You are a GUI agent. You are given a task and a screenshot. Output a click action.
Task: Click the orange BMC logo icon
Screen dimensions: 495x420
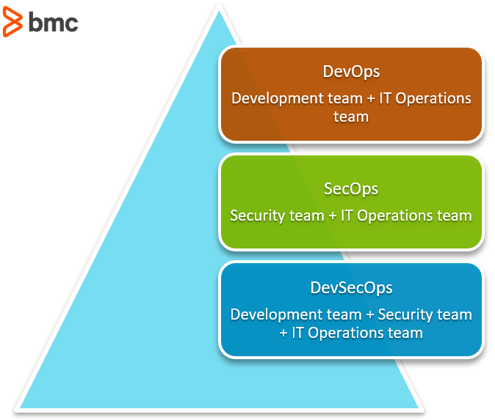pos(12,22)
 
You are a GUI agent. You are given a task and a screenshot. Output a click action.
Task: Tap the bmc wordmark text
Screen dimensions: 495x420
pos(54,22)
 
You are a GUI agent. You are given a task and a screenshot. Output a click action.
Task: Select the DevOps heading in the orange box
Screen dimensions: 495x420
pos(351,72)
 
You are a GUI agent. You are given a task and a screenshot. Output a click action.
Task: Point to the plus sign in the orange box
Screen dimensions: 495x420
pos(371,99)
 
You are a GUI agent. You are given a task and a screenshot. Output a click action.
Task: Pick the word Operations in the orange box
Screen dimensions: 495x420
pos(433,99)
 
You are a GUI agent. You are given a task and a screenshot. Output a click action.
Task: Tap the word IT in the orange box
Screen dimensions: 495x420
pos(385,98)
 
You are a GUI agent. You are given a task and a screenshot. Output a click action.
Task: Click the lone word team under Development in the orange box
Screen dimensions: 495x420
pos(351,117)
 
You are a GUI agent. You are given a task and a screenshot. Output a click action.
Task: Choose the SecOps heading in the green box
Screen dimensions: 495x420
pos(351,190)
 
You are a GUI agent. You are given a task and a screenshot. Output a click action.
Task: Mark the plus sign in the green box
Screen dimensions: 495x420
pos(333,216)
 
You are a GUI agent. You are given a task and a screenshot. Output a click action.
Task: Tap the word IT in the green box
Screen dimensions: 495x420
pos(347,215)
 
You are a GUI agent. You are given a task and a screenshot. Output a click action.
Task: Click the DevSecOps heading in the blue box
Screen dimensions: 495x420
pos(351,288)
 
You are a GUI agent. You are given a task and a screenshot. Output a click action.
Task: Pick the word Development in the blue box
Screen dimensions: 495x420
pos(277,315)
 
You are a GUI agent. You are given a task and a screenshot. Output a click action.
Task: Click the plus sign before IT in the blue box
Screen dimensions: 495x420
pos(283,334)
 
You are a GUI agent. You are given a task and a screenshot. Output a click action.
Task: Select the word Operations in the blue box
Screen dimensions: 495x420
pos(346,334)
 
